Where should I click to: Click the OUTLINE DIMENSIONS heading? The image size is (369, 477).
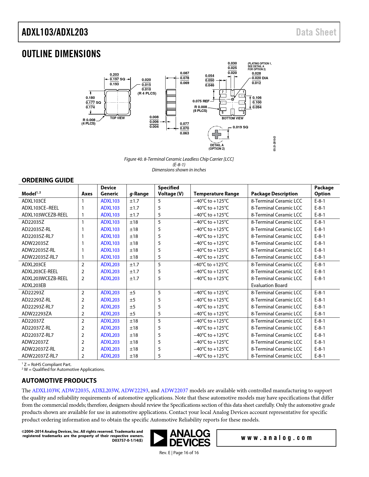[61, 54]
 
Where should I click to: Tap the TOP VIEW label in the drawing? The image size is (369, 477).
[117, 118]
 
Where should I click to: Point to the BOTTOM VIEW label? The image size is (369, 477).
[232, 118]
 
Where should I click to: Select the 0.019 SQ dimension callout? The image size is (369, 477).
[240, 127]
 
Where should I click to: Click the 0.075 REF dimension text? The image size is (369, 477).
[201, 101]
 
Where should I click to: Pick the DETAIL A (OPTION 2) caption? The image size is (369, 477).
[217, 147]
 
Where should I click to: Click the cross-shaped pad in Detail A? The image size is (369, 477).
[216, 134]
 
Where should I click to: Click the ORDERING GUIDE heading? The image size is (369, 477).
[48, 180]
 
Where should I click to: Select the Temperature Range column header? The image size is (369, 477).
[216, 194]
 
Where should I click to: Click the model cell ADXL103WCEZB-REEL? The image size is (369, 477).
[45, 215]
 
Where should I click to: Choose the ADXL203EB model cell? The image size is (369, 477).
[34, 285]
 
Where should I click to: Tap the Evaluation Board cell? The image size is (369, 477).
[269, 285]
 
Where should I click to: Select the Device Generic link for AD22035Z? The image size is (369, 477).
[110, 222]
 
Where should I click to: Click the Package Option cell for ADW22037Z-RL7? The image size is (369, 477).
[320, 356]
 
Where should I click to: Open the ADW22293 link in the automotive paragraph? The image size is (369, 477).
[134, 391]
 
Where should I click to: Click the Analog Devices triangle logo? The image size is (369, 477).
[159, 438]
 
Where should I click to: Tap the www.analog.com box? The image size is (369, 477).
[276, 438]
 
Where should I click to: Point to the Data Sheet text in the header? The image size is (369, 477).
[316, 32]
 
